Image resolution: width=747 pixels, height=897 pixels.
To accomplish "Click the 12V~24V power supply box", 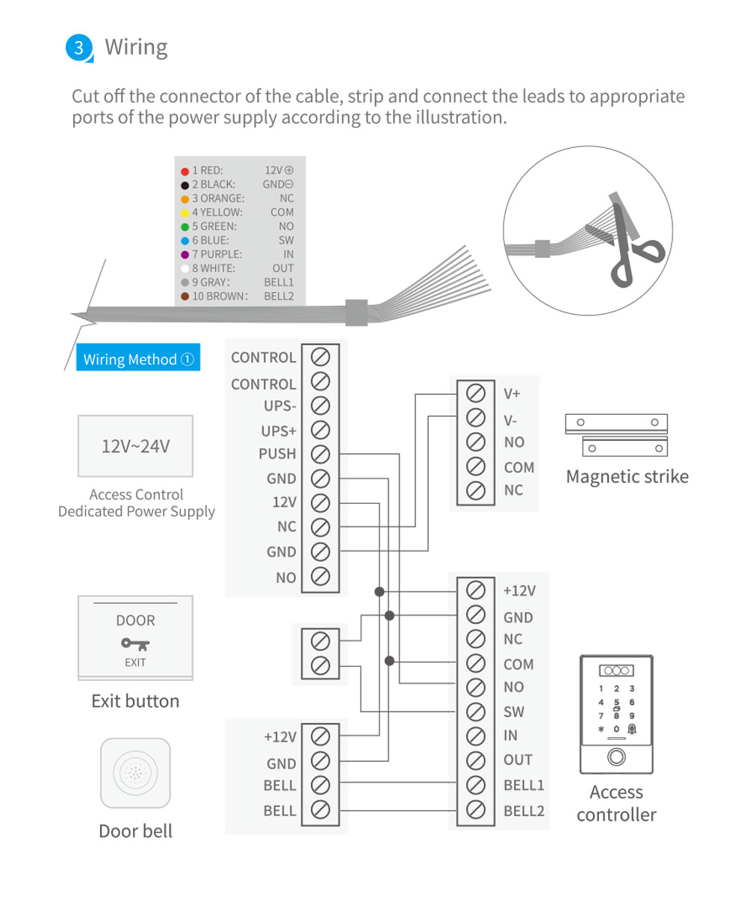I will (136, 446).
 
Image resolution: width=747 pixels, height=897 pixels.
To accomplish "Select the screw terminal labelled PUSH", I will (320, 454).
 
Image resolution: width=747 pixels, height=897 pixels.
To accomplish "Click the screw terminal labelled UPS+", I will (320, 431).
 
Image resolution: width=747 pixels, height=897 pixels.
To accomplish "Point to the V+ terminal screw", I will (475, 393).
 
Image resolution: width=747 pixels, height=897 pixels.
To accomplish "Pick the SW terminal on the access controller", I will (475, 712).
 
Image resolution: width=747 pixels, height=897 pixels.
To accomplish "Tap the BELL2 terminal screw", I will (475, 810).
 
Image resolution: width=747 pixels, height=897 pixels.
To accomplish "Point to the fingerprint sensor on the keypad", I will (616, 756).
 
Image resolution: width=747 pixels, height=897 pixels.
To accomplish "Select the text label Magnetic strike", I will (627, 477).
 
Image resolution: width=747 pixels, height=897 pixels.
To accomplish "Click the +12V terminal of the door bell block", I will (320, 737).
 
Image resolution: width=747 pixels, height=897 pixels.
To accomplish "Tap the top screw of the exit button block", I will (320, 641).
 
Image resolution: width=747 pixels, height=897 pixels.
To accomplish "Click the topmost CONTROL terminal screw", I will (320, 356).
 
